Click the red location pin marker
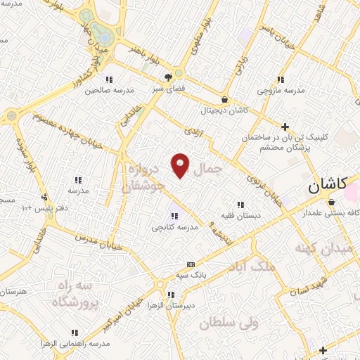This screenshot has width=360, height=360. pyautogui.click(x=180, y=166)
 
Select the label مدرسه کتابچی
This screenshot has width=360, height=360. pyautogui.click(x=173, y=227)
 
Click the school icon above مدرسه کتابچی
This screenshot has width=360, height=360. pyautogui.click(x=174, y=215)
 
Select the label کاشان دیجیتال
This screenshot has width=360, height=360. pyautogui.click(x=224, y=110)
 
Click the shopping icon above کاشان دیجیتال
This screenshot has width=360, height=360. pyautogui.click(x=224, y=99)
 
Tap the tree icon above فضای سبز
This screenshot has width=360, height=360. pyautogui.click(x=169, y=78)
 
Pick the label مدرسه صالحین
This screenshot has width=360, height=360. pyautogui.click(x=104, y=90)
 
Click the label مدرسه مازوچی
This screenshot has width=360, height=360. pyautogui.click(x=281, y=90)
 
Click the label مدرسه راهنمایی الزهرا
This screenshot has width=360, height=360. pyautogui.click(x=75, y=343)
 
